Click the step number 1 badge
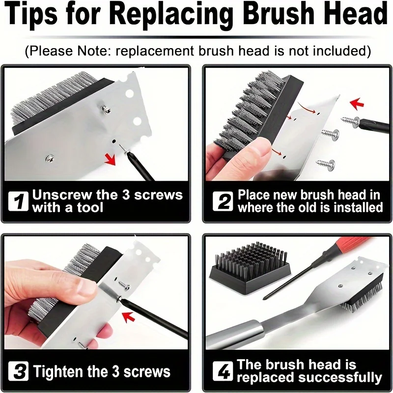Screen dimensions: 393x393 (x=18, y=201)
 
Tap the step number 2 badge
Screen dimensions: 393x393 (x=223, y=201)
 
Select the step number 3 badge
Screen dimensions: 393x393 (x=18, y=371)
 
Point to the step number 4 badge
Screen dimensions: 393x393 (x=223, y=371)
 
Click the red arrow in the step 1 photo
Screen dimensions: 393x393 (x=111, y=159)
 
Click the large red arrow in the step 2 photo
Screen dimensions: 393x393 (x=357, y=104)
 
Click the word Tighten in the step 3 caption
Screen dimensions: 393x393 (x=58, y=371)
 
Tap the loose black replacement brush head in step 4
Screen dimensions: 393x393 (x=250, y=267)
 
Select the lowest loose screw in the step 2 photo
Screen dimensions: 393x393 (x=325, y=164)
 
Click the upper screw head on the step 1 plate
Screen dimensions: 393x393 (x=106, y=109)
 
